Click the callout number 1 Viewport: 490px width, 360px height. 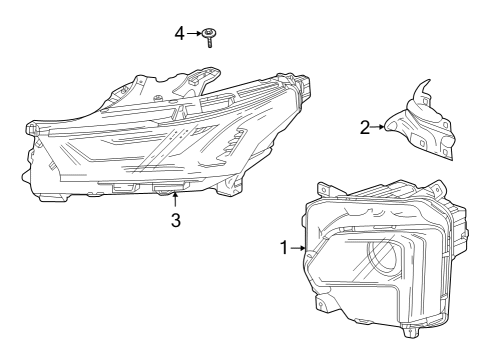284,246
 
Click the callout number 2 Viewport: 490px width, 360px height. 365,126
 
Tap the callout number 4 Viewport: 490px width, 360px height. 180,33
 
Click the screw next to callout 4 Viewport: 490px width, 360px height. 210,38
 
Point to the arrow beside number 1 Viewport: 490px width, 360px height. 297,247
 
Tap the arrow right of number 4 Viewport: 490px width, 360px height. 195,33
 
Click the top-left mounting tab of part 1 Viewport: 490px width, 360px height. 323,188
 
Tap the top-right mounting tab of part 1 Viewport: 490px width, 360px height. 437,188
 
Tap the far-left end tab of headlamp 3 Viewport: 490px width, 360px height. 31,130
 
